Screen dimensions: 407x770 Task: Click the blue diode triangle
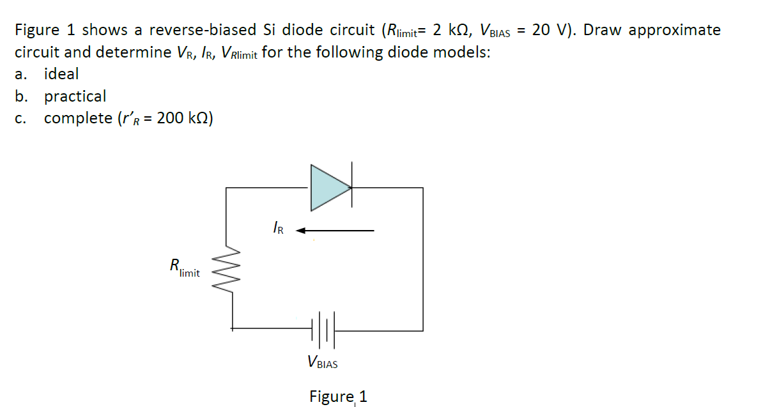tap(327, 187)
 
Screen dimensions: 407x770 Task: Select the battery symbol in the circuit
tap(322, 330)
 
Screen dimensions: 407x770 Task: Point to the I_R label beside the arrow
tap(278, 227)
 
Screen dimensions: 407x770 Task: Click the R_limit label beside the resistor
tap(184, 267)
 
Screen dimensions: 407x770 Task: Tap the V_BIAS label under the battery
tap(322, 363)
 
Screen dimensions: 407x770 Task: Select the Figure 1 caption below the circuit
tap(338, 396)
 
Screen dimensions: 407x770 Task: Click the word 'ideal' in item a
tap(61, 74)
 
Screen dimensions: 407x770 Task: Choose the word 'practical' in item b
tap(75, 96)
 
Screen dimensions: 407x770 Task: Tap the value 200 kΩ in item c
tap(185, 119)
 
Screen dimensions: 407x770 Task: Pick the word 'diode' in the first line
tap(303, 30)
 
